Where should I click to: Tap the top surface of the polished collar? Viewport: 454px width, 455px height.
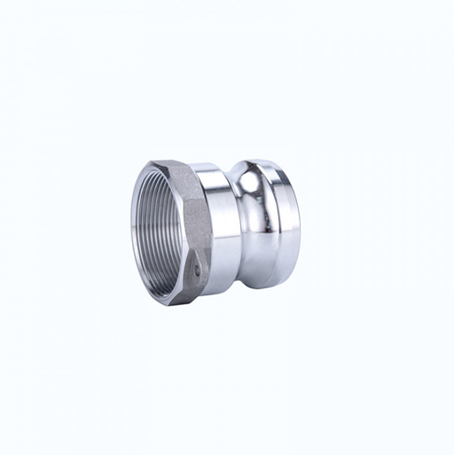217,169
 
